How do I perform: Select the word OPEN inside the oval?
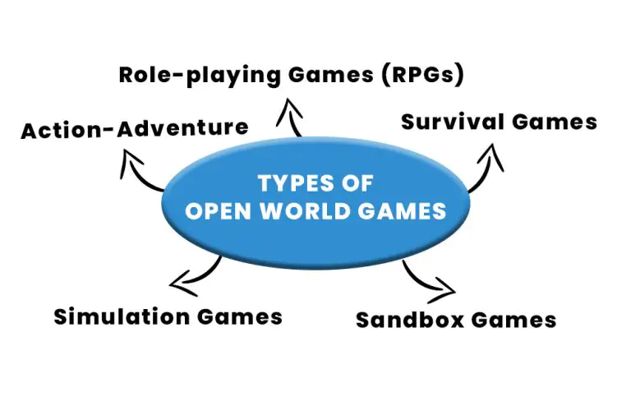pos(219,211)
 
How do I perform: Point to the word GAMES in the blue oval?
pos(402,211)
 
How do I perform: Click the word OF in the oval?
pos(357,183)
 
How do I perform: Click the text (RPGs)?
pos(423,75)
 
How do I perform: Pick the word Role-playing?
pos(200,76)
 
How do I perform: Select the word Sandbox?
pos(410,320)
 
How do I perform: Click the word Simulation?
pos(122,316)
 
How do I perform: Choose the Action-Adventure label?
pos(135,130)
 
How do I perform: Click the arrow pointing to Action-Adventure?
pos(137,174)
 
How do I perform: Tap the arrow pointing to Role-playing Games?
pos(291,118)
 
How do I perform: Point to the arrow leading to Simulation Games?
pos(201,275)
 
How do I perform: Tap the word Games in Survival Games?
pos(555,122)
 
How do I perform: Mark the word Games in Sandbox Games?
pos(514,320)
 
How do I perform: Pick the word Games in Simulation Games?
pos(240,316)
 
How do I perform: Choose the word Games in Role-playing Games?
pos(331,75)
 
